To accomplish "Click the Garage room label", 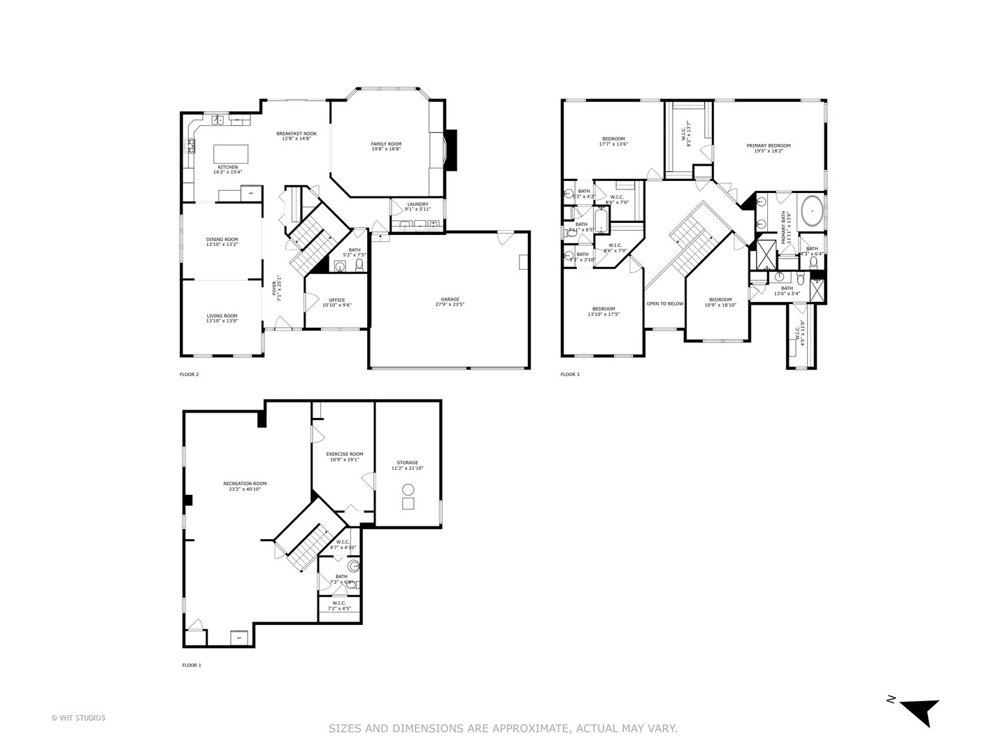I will pyautogui.click(x=450, y=299).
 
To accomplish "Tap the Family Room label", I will pyautogui.click(x=386, y=144).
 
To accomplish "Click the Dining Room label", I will pyautogui.click(x=222, y=239).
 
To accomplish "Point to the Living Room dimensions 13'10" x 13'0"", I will pyautogui.click(x=222, y=321).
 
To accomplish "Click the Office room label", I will pyautogui.click(x=336, y=300).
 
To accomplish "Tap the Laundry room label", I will pyautogui.click(x=417, y=204).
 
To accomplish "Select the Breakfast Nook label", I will pyautogui.click(x=296, y=134).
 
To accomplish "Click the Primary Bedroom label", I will pyautogui.click(x=768, y=145).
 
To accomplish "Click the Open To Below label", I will pyautogui.click(x=664, y=303).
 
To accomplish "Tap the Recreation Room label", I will pyautogui.click(x=245, y=483).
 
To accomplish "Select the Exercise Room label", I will pyautogui.click(x=344, y=454).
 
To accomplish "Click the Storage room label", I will pyautogui.click(x=408, y=462).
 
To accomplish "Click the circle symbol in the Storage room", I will pyautogui.click(x=408, y=489).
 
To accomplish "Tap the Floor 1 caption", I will pyautogui.click(x=191, y=666).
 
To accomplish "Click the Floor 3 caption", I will pyautogui.click(x=569, y=375).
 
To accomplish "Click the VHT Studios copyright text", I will pyautogui.click(x=78, y=717).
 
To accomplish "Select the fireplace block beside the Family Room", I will pyautogui.click(x=451, y=150).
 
